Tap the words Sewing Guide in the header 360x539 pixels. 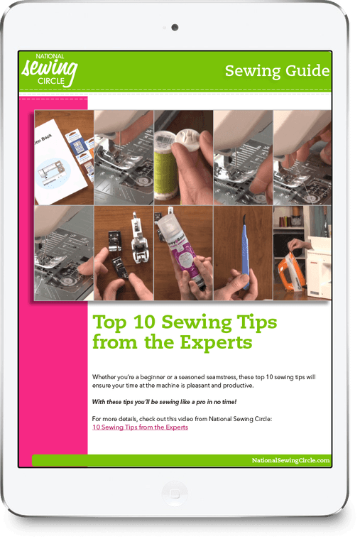277,71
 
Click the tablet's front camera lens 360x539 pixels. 175,28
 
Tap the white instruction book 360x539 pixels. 60,167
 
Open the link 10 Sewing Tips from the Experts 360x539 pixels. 140,428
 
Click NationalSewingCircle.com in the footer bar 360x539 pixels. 290,460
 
